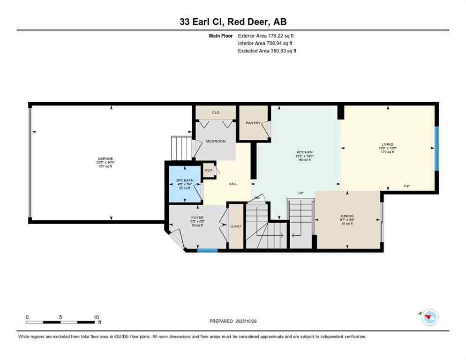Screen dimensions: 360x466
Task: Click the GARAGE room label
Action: tap(105, 159)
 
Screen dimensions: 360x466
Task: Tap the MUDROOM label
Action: tap(217, 141)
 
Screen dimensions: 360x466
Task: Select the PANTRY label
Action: tap(253, 123)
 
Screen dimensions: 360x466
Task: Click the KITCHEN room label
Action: tap(304, 152)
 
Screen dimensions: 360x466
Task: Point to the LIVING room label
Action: tap(387, 144)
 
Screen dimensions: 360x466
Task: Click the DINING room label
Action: tap(347, 217)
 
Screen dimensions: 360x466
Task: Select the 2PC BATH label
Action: tap(182, 180)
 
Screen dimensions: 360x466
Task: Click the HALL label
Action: tap(233, 184)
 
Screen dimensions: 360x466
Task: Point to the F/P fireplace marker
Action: tap(406, 187)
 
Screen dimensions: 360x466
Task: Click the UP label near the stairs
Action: tap(301, 193)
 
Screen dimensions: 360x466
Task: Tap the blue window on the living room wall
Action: tap(436, 149)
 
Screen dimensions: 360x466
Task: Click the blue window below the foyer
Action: tap(207, 250)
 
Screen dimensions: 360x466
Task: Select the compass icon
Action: tap(429, 317)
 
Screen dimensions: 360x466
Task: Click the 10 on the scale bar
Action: tap(96, 317)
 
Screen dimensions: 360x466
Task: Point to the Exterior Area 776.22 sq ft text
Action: tap(266, 36)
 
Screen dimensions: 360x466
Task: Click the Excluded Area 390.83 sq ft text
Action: tap(267, 51)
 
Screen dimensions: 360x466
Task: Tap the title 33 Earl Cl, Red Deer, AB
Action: tap(233, 21)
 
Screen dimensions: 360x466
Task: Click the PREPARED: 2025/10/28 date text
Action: tap(233, 321)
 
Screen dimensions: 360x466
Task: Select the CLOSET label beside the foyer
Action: tap(236, 226)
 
